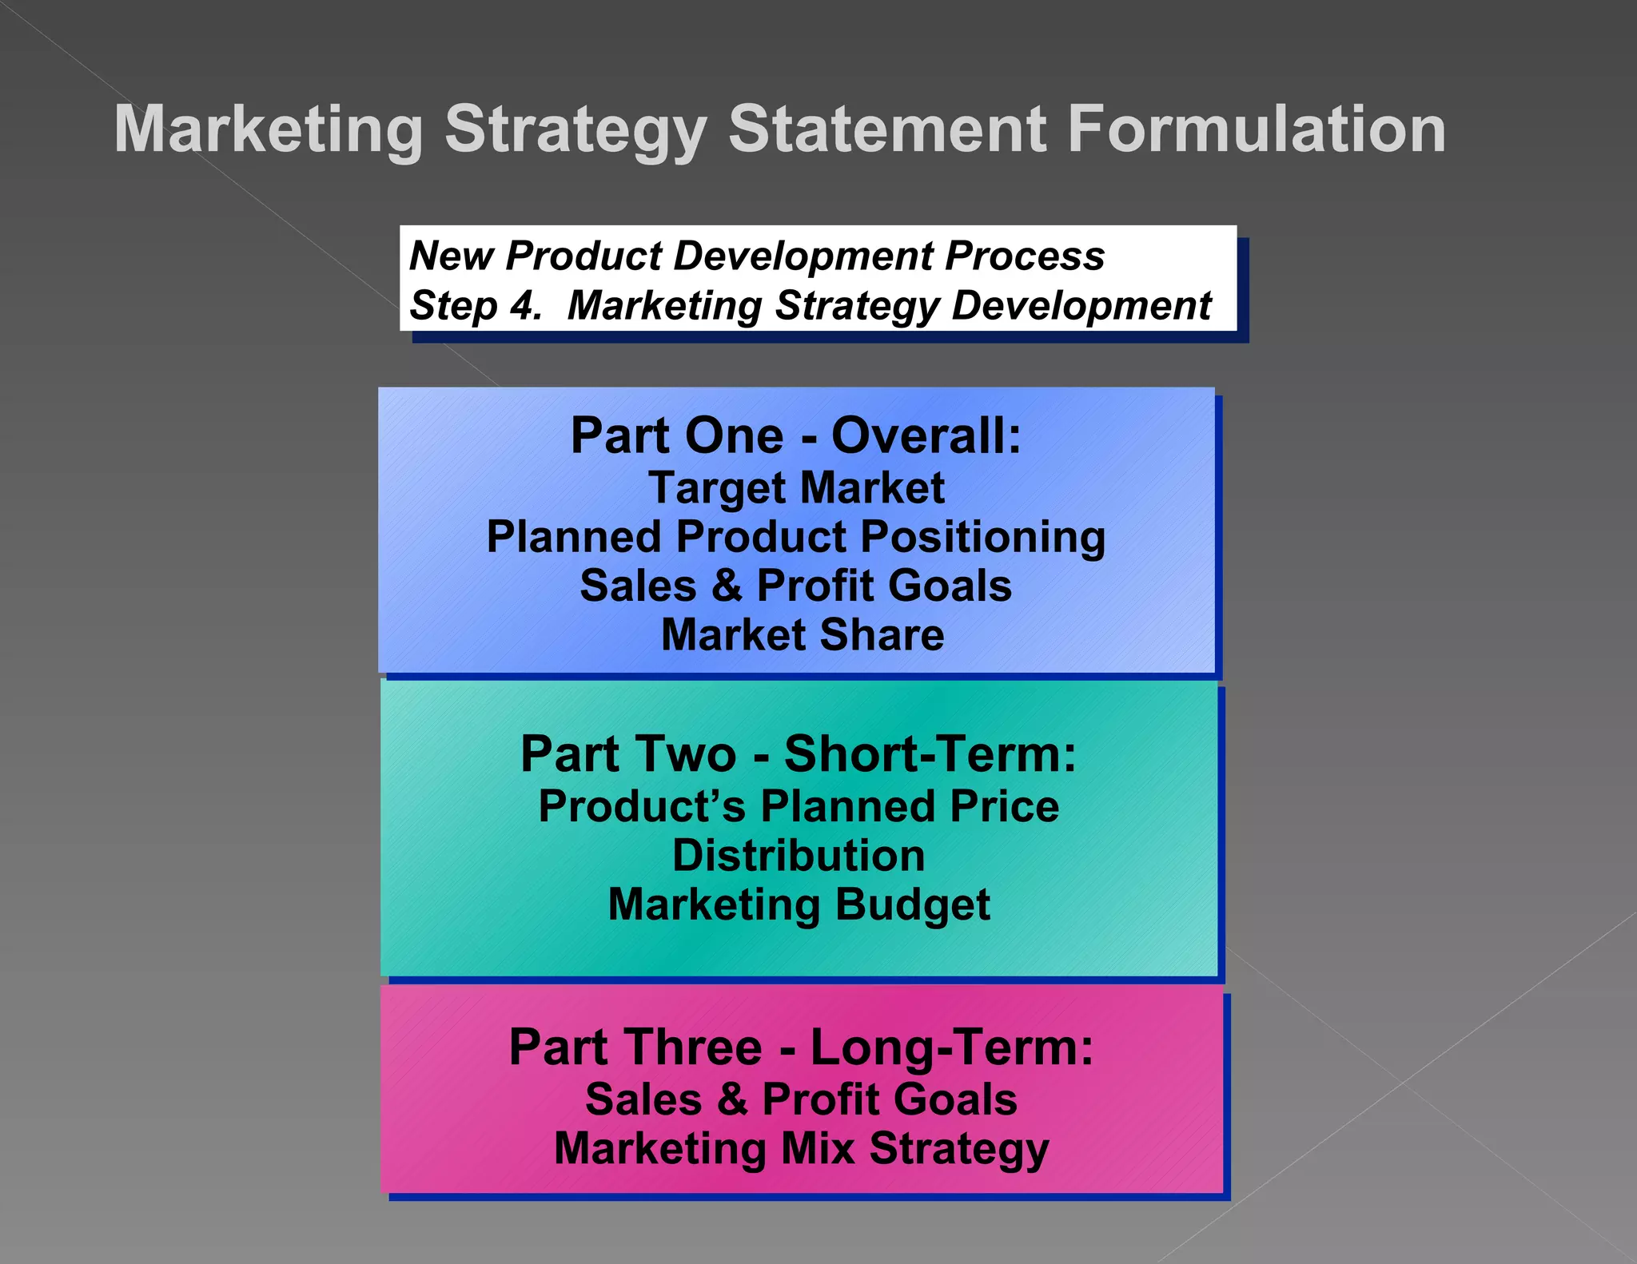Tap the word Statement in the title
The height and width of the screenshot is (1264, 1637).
click(x=887, y=129)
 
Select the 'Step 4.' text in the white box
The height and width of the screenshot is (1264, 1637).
click(x=475, y=305)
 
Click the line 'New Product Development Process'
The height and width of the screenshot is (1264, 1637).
click(x=756, y=256)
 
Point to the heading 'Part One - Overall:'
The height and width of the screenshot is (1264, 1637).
click(x=796, y=436)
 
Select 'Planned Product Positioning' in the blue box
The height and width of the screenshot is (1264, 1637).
click(x=796, y=537)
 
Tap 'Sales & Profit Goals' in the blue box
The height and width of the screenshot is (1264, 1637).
click(x=796, y=586)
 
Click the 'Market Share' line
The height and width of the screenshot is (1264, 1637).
click(x=803, y=635)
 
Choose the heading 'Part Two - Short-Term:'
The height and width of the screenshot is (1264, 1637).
click(x=799, y=753)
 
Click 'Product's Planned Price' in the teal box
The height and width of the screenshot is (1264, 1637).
click(x=799, y=806)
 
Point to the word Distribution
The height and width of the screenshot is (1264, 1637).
click(x=799, y=856)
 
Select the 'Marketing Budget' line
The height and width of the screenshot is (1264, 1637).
click(x=799, y=905)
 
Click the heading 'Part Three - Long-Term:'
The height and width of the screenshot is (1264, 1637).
click(x=801, y=1047)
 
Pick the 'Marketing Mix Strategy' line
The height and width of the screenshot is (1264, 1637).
click(x=801, y=1149)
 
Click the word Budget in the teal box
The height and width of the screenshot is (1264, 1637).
click(x=913, y=905)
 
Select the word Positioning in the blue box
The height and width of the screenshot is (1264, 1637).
click(x=983, y=537)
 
